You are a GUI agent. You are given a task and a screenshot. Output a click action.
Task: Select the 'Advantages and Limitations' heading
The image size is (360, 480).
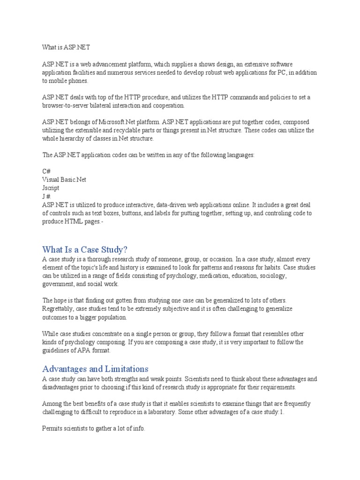[95, 368]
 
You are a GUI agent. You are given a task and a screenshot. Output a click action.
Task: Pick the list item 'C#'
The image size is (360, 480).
[46, 172]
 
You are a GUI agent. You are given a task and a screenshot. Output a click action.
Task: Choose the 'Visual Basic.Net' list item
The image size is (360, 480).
[64, 180]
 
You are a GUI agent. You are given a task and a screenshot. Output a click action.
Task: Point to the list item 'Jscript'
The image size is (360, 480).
[51, 188]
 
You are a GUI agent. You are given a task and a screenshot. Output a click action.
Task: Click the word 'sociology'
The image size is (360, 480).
[271, 276]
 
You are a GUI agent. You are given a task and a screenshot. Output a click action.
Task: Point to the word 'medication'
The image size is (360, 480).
[214, 276]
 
